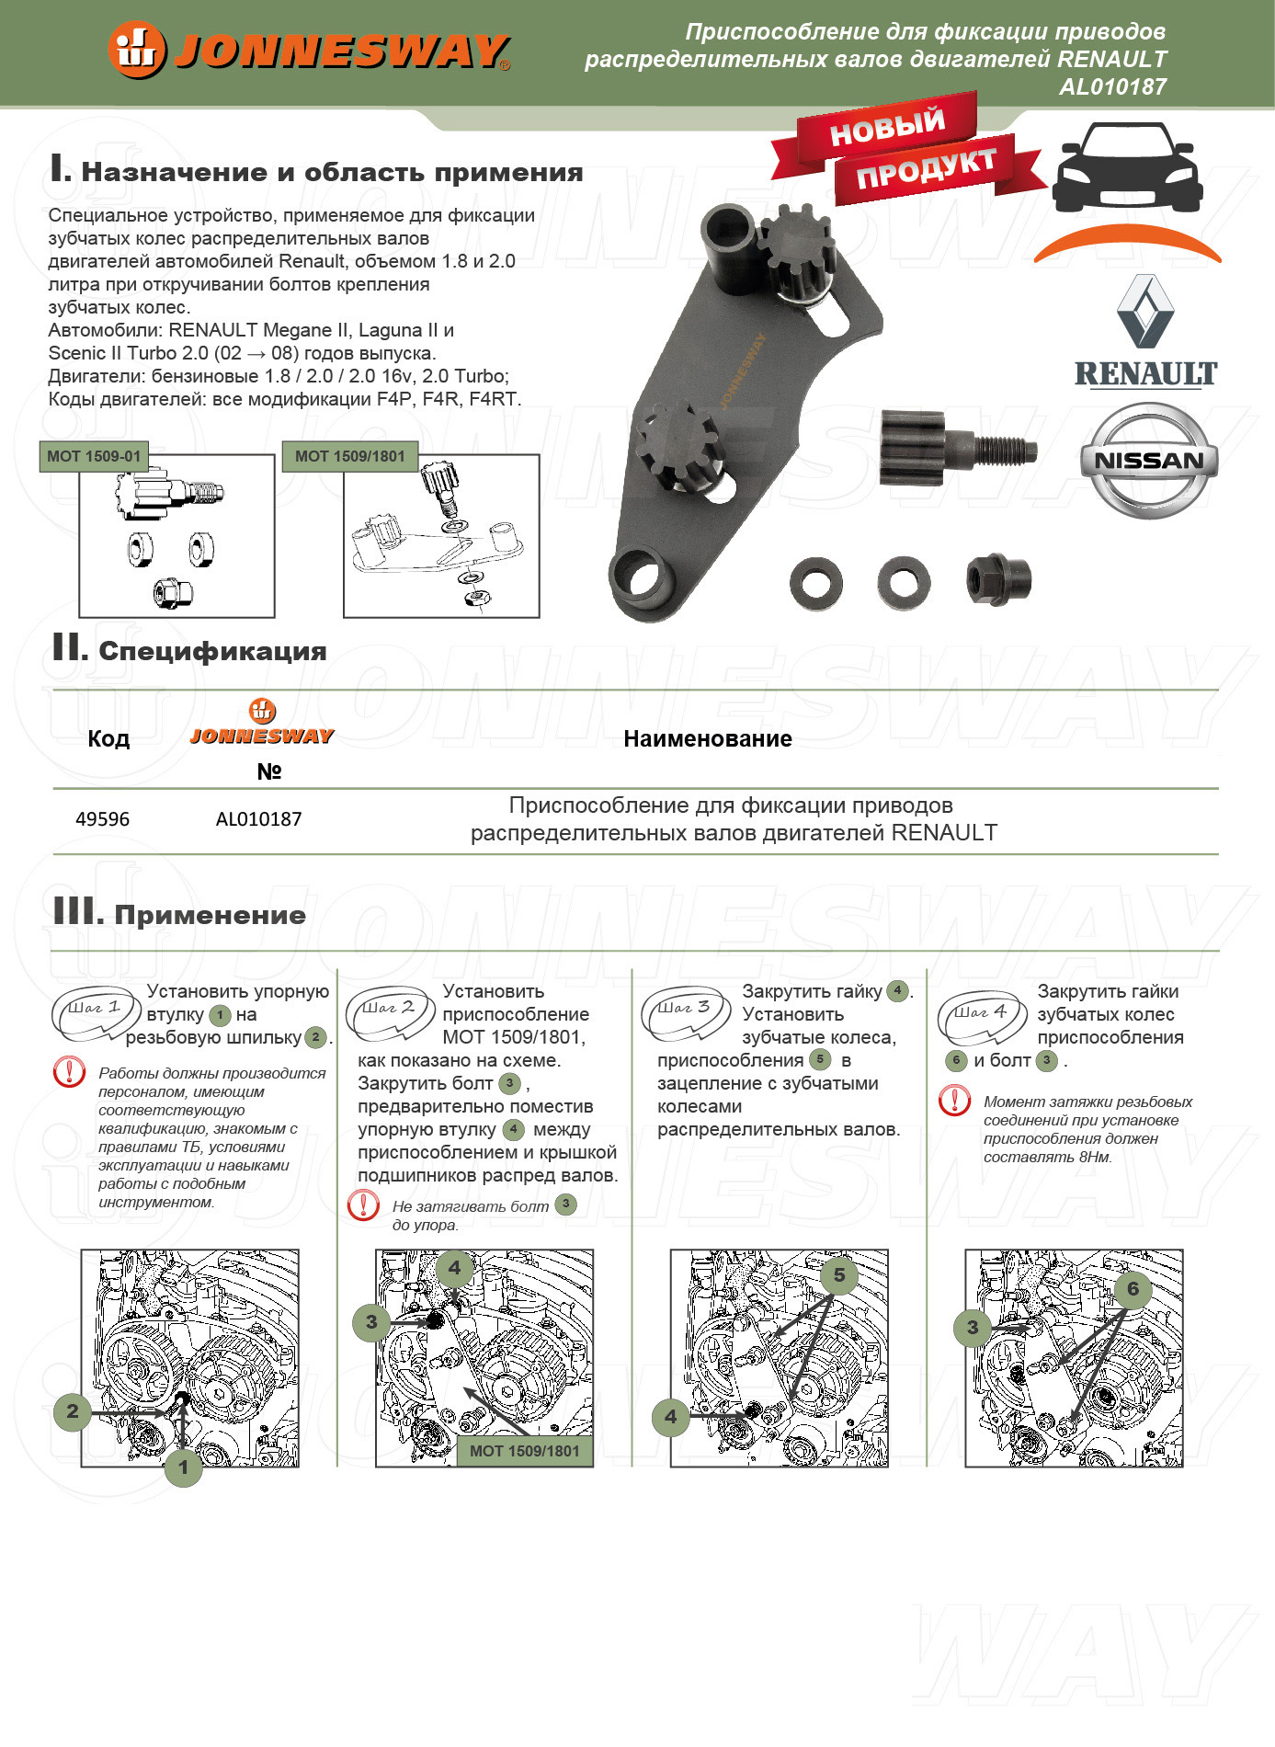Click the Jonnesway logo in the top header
tap(309, 51)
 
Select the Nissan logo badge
tap(1148, 460)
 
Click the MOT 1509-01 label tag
tap(94, 456)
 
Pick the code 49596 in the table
tap(102, 819)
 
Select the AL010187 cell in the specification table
tap(258, 819)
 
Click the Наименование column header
tap(707, 739)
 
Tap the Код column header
tap(108, 739)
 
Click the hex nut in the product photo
tap(998, 579)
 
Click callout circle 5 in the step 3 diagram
tap(838, 1275)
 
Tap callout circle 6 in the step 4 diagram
tap(1133, 1289)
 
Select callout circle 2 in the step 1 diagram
tap(73, 1411)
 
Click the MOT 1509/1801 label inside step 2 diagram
tap(524, 1451)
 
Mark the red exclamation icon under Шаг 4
tap(954, 1101)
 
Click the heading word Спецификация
tap(212, 652)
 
